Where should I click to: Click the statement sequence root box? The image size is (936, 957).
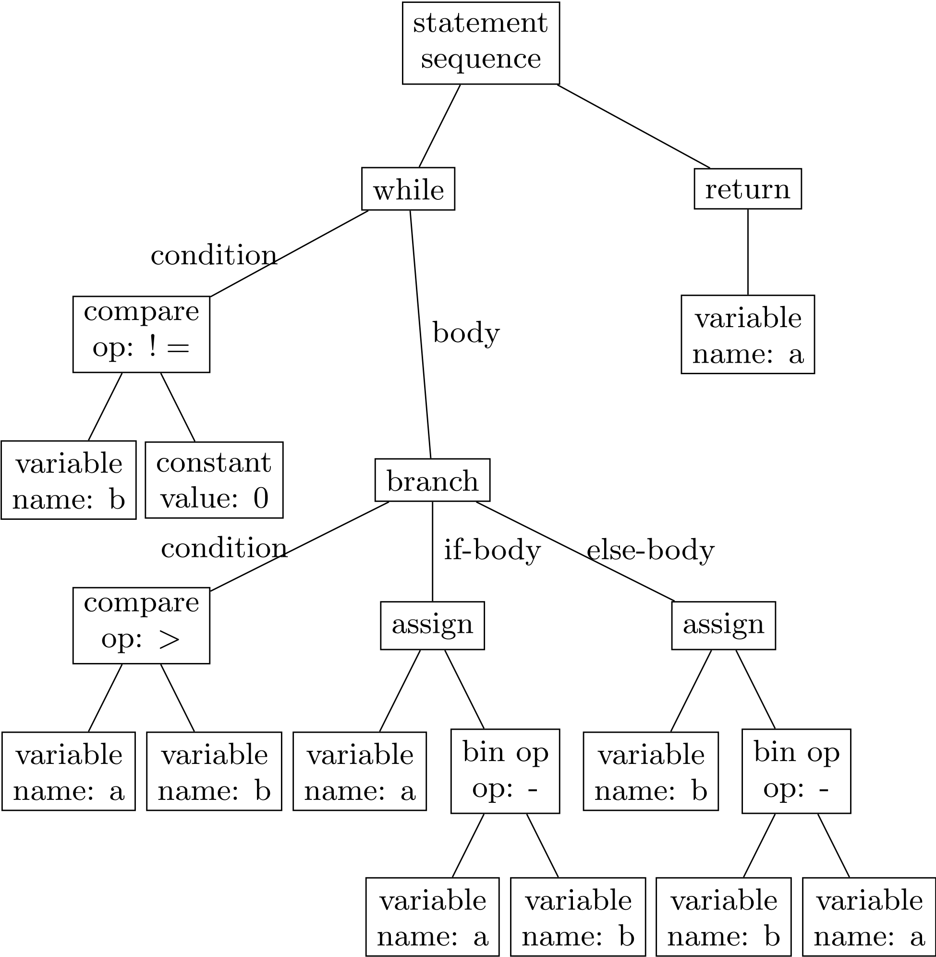[x=480, y=43]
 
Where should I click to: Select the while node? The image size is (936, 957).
[x=408, y=189]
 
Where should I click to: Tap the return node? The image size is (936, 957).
[x=747, y=189]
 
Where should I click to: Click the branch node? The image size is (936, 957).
[x=432, y=480]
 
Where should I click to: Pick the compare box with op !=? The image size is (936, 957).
[x=141, y=334]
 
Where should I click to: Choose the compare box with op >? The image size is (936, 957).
[x=141, y=625]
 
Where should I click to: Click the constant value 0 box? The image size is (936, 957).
[x=214, y=479]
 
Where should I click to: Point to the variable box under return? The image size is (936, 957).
[x=747, y=334]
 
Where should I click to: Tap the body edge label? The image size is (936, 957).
[x=465, y=333]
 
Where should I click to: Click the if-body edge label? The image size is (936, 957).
[x=492, y=550]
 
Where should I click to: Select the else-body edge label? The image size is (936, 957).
[x=650, y=550]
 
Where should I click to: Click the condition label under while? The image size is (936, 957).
[x=214, y=255]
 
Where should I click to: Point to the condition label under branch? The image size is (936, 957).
[x=224, y=548]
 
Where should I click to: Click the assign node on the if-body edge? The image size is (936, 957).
[x=432, y=625]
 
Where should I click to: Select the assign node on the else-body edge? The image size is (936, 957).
[x=723, y=625]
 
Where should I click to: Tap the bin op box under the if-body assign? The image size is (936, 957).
[x=505, y=771]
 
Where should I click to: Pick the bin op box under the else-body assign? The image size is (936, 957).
[x=796, y=771]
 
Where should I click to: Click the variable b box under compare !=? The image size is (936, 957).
[x=68, y=479]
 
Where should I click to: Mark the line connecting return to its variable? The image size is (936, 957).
[x=748, y=252]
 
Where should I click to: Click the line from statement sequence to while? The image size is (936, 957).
[x=439, y=126]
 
